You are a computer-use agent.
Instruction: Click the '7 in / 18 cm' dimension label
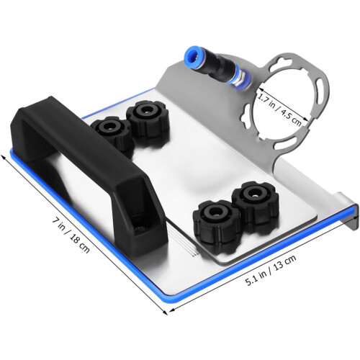(71, 235)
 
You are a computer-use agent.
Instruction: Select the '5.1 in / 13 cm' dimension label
(271, 270)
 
